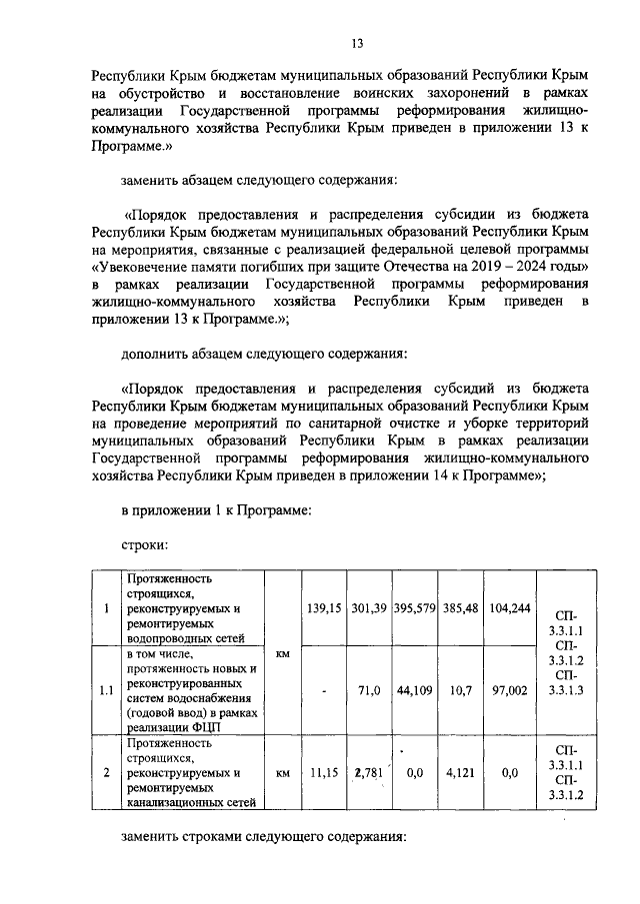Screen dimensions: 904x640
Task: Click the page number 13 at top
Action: pyautogui.click(x=355, y=42)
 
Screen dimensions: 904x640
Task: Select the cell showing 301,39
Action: pyautogui.click(x=369, y=608)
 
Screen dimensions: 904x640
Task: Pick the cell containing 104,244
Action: pyautogui.click(x=510, y=608)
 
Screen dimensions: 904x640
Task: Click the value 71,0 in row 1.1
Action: pyautogui.click(x=370, y=689)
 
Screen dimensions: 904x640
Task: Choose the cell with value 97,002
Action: pyautogui.click(x=510, y=689)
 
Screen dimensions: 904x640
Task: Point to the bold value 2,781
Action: pyautogui.click(x=369, y=772)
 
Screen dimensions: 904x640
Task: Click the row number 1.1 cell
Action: pyautogui.click(x=106, y=689)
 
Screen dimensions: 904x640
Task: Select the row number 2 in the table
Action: pyautogui.click(x=106, y=772)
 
